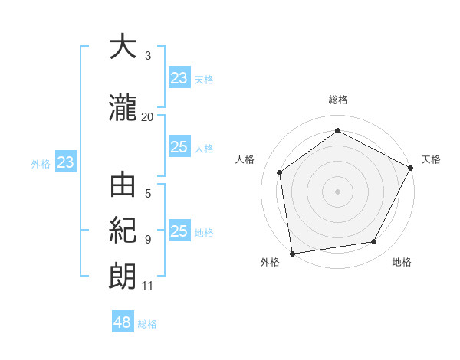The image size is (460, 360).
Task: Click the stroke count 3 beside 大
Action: click(x=148, y=56)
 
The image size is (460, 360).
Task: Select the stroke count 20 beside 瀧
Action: click(x=148, y=116)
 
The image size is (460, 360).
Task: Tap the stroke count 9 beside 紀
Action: click(x=148, y=239)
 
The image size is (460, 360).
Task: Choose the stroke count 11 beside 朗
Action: click(x=148, y=286)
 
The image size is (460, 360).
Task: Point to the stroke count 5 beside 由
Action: click(x=148, y=194)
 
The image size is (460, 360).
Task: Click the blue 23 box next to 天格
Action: click(x=179, y=78)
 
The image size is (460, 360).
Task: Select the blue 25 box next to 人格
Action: click(x=179, y=148)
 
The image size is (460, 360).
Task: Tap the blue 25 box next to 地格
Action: click(x=179, y=232)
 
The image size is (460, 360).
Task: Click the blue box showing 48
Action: click(x=123, y=322)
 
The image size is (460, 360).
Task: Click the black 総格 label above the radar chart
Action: click(x=338, y=100)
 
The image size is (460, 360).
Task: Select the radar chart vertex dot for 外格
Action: click(x=292, y=253)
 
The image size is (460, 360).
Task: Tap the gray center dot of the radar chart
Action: click(x=338, y=191)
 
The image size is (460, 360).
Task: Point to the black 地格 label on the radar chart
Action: click(x=402, y=263)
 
